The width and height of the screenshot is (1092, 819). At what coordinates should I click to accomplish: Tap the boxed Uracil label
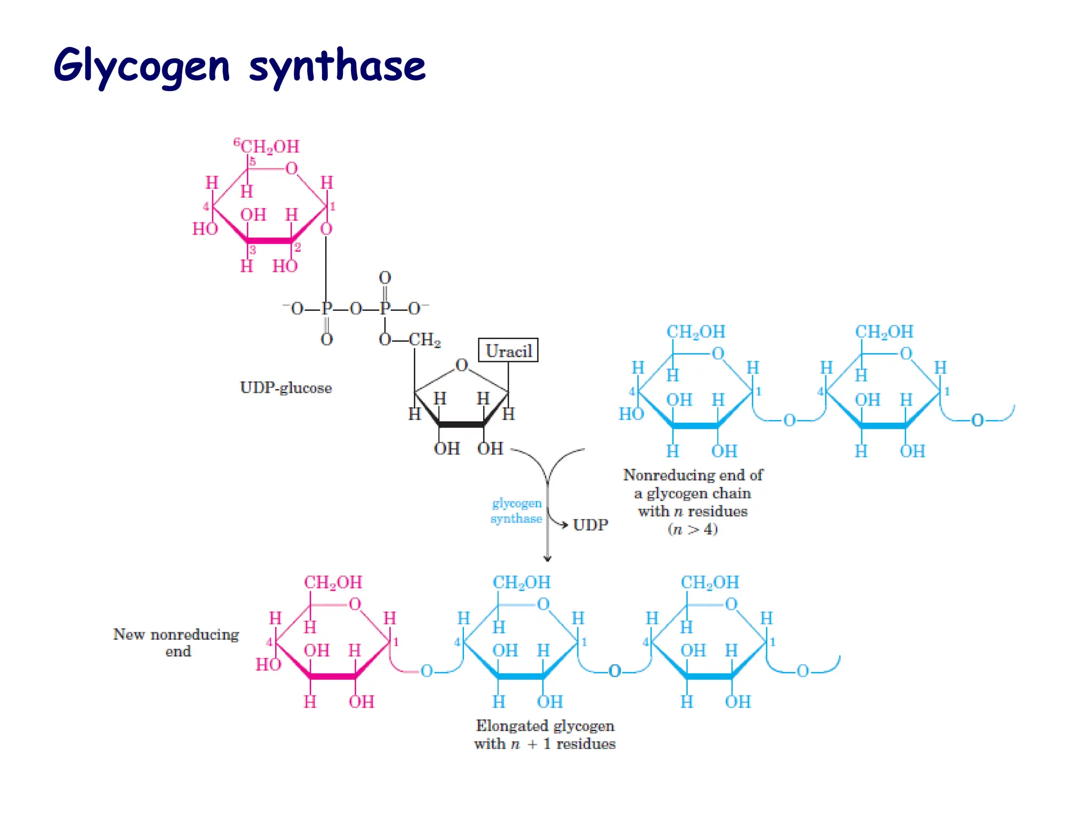click(508, 351)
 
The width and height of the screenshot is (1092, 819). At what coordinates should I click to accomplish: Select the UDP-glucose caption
click(286, 388)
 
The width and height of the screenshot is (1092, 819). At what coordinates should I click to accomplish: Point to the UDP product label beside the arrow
click(590, 525)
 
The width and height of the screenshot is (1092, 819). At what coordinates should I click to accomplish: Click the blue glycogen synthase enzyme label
click(516, 511)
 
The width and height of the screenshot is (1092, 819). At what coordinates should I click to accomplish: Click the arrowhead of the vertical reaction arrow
click(547, 558)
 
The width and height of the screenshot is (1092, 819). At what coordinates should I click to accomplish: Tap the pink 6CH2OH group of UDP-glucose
click(267, 146)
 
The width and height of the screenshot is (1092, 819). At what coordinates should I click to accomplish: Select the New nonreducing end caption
click(176, 643)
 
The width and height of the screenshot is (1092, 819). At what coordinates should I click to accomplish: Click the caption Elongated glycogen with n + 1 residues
click(545, 735)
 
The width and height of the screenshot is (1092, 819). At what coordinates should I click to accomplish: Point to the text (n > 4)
click(693, 529)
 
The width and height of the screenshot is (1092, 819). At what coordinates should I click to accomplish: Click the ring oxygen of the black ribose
click(462, 365)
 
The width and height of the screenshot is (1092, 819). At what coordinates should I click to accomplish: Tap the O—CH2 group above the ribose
click(409, 340)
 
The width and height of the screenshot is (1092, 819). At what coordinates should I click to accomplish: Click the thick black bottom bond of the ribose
click(461, 424)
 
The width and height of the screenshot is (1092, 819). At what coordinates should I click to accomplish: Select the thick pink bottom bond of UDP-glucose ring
click(270, 241)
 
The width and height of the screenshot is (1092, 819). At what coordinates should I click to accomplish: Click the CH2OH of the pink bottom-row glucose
click(333, 582)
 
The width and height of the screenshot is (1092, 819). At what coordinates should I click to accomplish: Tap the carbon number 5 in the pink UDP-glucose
click(253, 162)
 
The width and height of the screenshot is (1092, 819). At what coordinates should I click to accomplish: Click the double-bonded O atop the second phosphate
click(385, 277)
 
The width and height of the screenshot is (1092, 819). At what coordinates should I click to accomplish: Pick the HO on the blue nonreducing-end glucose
click(631, 414)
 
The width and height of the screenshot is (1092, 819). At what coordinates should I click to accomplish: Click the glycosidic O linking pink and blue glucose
click(427, 671)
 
